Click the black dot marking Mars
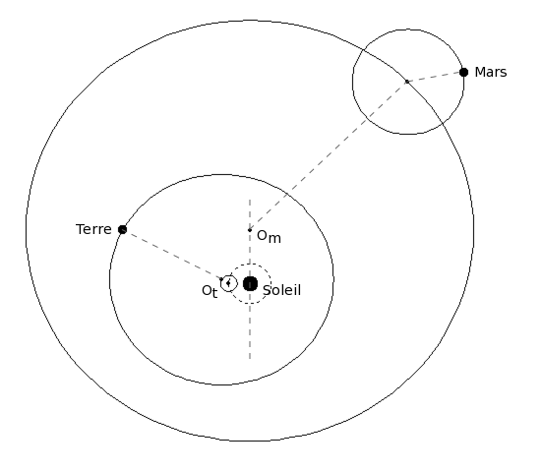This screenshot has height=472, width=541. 463,73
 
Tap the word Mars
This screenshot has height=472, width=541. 491,73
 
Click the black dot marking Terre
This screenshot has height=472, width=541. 123,229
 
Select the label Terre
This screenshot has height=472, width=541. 93,229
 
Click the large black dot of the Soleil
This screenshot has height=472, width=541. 250,283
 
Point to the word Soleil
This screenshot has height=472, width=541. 282,290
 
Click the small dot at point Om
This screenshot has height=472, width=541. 250,230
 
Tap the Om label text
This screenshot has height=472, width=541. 269,237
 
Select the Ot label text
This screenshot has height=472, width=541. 210,291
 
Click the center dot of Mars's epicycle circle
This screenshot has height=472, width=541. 407,82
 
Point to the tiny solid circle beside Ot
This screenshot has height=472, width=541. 229,283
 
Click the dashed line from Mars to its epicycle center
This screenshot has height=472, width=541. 436,77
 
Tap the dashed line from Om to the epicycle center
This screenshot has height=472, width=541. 329,156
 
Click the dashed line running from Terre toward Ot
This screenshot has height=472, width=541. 172,254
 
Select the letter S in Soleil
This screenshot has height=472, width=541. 267,290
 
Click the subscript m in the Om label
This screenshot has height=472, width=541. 275,238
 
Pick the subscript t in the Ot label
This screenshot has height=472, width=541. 214,294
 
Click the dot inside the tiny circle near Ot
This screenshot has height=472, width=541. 228,283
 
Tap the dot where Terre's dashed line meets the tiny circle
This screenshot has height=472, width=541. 221,279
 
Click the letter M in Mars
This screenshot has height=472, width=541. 480,73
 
